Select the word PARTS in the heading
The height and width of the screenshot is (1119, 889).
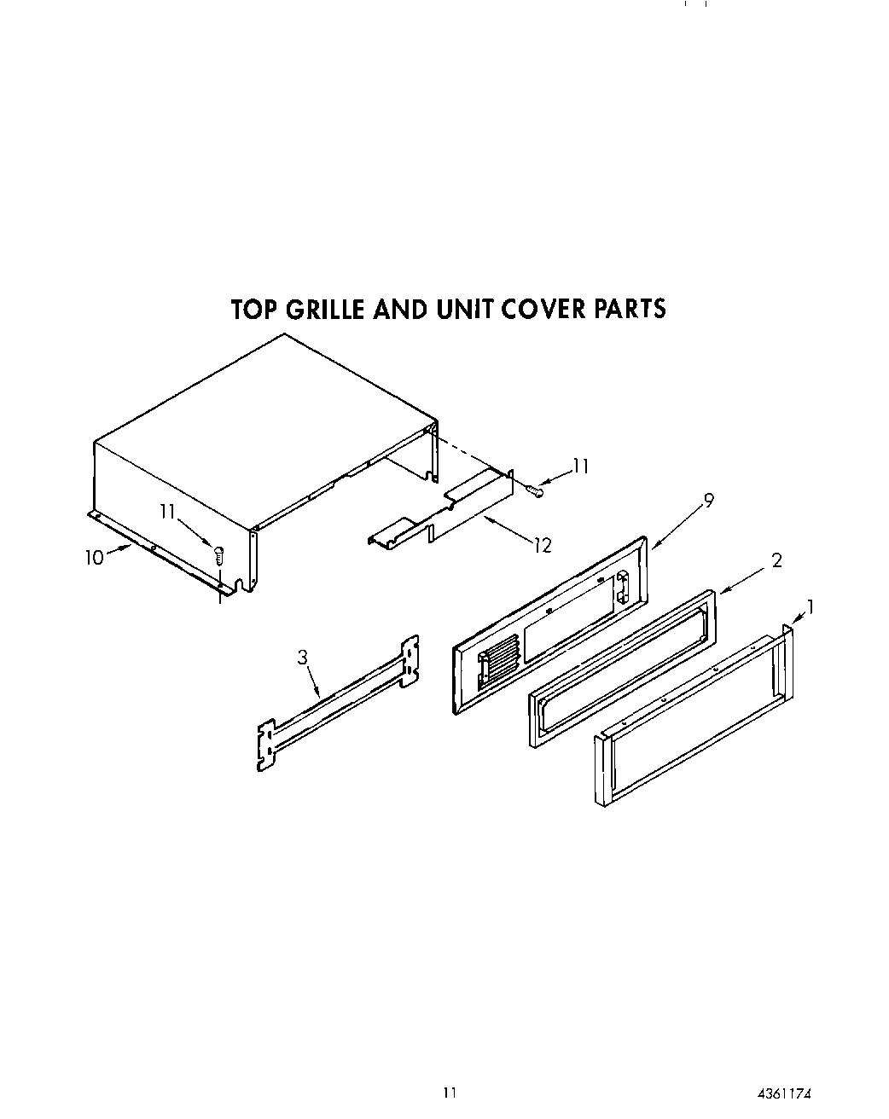pos(627,309)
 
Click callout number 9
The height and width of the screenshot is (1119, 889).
pos(708,502)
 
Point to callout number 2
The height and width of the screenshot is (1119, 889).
pos(776,560)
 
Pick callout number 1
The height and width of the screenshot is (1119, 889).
pos(810,607)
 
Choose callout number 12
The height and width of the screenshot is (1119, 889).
pos(543,546)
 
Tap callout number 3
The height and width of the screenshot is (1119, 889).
pos(302,658)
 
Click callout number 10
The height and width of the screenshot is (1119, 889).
pos(94,558)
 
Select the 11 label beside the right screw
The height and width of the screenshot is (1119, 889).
pos(580,467)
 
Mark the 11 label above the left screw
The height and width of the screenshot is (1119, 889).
pos(167,511)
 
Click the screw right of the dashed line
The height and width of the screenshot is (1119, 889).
pos(535,490)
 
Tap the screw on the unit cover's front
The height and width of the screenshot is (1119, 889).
pos(218,554)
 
